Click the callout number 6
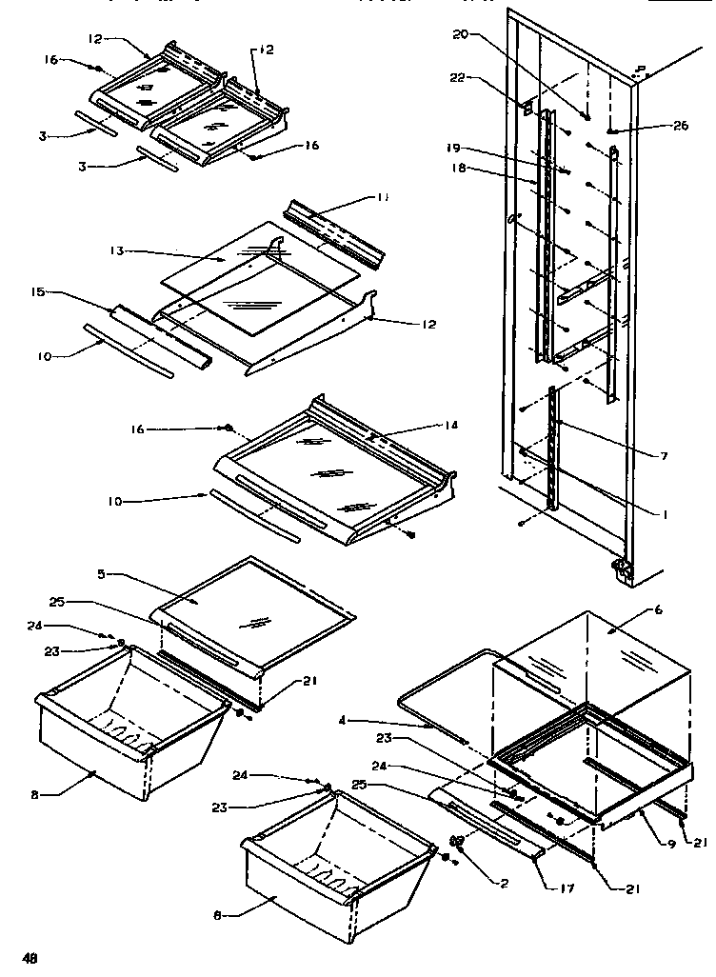point(658,609)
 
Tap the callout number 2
point(504,883)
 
